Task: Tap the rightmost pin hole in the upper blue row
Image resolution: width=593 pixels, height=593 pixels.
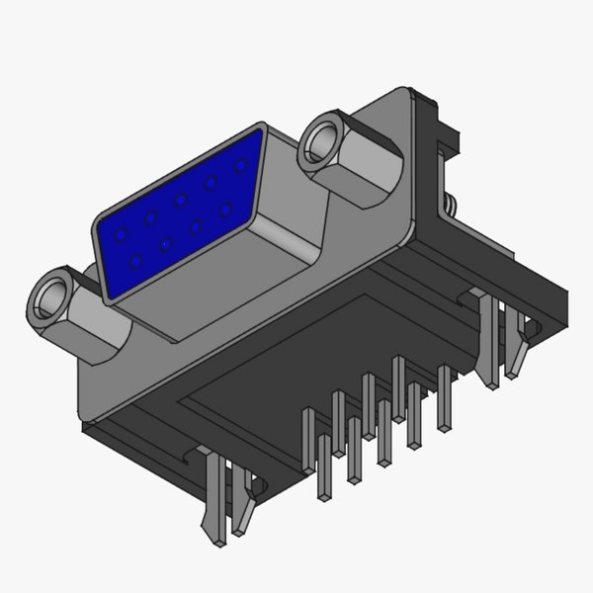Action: pos(239,166)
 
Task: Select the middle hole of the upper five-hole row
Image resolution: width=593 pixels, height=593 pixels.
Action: pos(181,201)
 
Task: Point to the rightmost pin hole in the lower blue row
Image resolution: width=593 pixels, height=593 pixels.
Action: pos(227,209)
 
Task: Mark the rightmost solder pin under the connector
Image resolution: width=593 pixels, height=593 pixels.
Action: pos(444,395)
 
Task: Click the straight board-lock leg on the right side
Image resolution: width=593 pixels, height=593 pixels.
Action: pos(489,341)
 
